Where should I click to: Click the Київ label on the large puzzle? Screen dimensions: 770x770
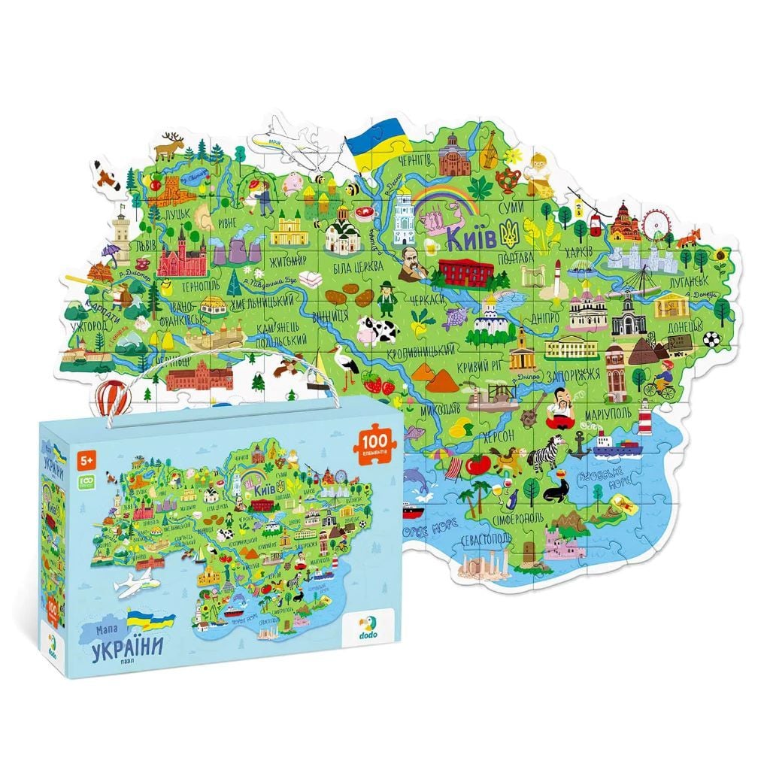471,239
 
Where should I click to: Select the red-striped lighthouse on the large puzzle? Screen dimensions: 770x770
644,411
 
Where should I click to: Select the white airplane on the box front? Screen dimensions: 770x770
137,581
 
